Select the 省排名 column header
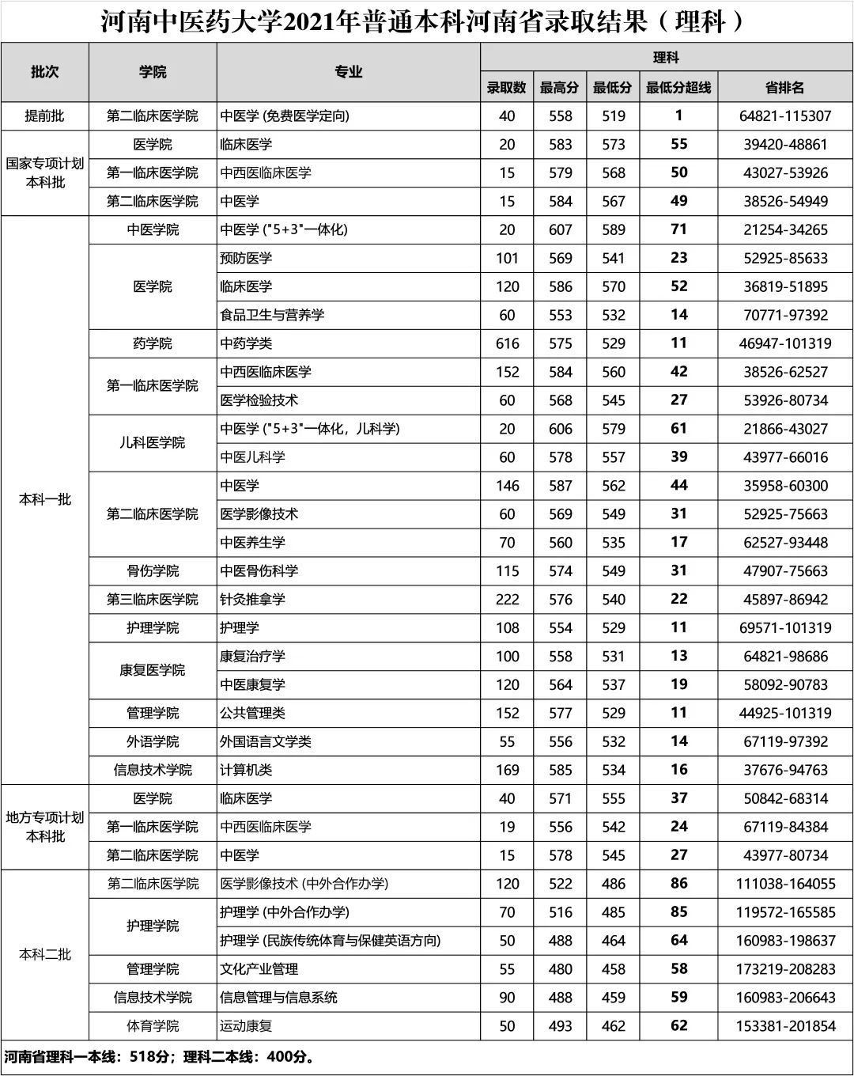click(x=785, y=87)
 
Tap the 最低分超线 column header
click(x=678, y=87)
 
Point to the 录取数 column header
click(x=507, y=87)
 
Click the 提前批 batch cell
click(x=45, y=116)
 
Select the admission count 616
click(x=507, y=343)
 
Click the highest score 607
click(x=560, y=229)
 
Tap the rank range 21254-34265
click(x=785, y=229)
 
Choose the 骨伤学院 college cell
click(x=153, y=570)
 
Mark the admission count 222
click(x=507, y=599)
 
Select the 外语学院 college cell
click(x=153, y=741)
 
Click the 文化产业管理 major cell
click(x=259, y=969)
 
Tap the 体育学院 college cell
click(x=153, y=1026)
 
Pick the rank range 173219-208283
click(x=785, y=969)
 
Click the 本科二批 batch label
click(x=45, y=955)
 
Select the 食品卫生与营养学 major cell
click(x=272, y=315)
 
